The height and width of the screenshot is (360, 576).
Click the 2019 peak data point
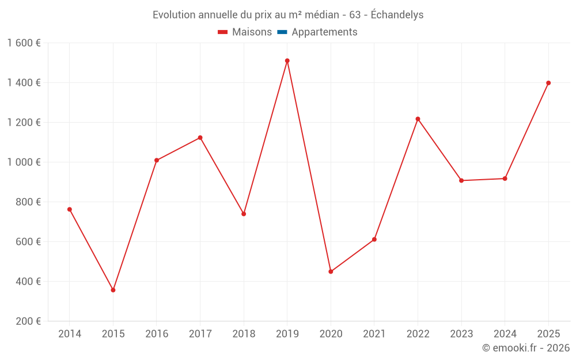point(287,60)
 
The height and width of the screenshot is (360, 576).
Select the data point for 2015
point(113,290)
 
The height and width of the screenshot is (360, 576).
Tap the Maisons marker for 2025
point(548,83)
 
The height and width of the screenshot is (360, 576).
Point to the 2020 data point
point(331,271)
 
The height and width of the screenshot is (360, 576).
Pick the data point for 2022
point(418,119)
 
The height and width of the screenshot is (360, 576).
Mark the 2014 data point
point(70,209)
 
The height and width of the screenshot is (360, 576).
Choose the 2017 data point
point(200,138)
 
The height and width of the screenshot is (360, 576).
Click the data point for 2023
point(461,180)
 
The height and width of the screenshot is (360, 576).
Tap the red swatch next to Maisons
point(223,32)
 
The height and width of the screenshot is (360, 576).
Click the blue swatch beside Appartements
point(282,32)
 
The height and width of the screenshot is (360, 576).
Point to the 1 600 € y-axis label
point(24,43)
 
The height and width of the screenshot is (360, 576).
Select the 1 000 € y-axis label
point(24,162)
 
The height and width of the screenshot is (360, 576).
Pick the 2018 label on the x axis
point(244,334)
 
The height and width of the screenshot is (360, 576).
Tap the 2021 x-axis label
point(374,334)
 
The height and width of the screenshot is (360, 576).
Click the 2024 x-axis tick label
point(505,334)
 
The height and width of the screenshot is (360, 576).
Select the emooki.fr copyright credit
point(526,348)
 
